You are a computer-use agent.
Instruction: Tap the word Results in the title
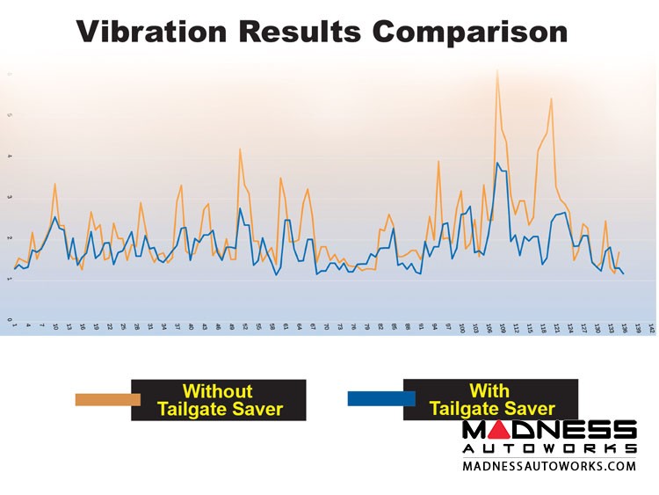[300, 32]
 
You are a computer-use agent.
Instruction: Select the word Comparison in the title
[468, 32]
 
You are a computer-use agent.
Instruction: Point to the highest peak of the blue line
[497, 163]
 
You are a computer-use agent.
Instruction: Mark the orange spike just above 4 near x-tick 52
[240, 149]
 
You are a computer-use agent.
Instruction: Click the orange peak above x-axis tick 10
[55, 184]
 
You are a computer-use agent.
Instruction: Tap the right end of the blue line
[623, 274]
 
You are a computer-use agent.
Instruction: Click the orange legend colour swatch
[107, 399]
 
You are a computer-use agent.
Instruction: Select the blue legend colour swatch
[380, 399]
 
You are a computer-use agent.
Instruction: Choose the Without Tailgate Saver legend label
[217, 399]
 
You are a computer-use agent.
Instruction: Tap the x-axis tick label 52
[244, 327]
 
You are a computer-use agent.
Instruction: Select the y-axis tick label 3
[10, 198]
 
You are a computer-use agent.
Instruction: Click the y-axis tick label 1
[10, 280]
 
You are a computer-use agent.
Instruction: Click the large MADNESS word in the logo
[549, 430]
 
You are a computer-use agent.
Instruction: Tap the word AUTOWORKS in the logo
[549, 448]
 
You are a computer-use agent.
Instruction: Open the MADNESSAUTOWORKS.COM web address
[549, 466]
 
